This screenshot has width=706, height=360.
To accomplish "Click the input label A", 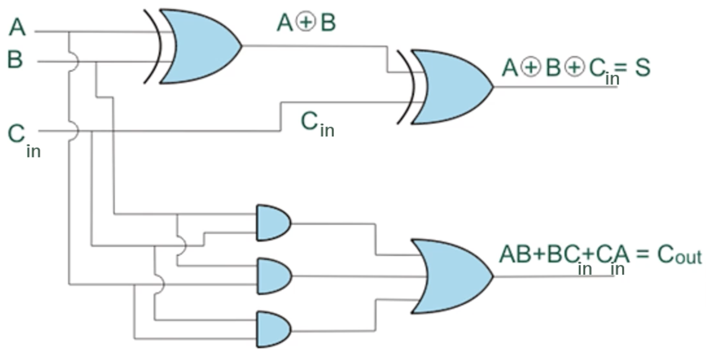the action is (17, 27).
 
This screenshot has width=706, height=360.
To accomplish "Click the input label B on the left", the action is (15, 59).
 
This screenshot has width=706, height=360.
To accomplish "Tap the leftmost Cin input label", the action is (24, 141).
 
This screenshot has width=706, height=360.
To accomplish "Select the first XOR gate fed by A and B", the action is (193, 46).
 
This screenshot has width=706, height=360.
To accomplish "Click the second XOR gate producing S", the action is (445, 87).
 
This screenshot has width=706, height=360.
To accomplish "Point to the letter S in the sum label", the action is (642, 67).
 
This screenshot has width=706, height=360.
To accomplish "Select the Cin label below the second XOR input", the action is (318, 125).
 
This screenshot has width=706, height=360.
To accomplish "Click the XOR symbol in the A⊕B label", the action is (306, 22).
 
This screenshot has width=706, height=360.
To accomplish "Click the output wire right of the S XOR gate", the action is (555, 87).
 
